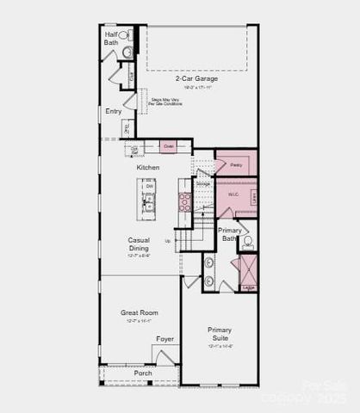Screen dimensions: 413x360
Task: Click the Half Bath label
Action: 112,38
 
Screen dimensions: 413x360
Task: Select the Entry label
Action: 114,110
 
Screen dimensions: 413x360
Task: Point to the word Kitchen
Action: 148,167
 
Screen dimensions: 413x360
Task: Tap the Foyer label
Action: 164,339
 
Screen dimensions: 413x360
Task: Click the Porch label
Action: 143,373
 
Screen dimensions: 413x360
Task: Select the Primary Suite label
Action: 220,334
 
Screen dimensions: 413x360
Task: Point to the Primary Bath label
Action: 229,234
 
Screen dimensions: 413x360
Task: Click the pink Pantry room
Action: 235,163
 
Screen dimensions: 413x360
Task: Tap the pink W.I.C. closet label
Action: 233,194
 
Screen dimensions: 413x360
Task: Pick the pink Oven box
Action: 168,147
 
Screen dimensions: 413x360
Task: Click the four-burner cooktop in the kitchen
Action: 184,201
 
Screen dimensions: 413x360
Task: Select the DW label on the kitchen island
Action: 149,186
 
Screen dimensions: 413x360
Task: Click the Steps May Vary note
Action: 166,102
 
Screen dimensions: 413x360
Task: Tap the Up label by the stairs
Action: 167,241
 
